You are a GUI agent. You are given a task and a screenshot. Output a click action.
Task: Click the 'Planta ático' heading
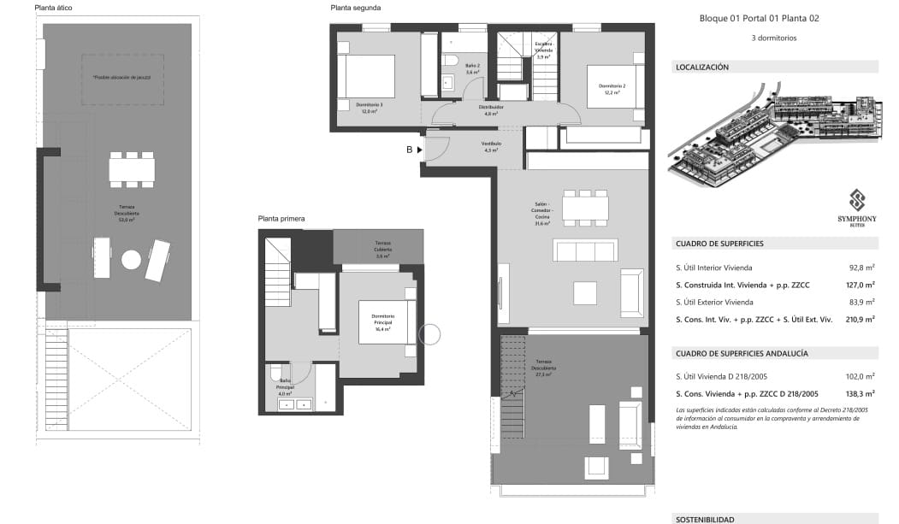[x=53, y=8]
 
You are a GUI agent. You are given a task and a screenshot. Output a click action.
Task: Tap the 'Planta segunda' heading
[x=355, y=8]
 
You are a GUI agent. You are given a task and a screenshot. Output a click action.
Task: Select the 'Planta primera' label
[x=281, y=219]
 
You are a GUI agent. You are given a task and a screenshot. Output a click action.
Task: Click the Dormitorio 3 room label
[x=370, y=108]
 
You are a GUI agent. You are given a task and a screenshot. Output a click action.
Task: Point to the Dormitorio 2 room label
[x=612, y=89]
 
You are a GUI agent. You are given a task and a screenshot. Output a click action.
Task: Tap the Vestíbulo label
[x=491, y=146]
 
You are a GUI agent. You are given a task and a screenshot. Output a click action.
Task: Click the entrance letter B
[x=410, y=150]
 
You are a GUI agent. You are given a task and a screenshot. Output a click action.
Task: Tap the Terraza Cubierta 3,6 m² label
[x=382, y=249]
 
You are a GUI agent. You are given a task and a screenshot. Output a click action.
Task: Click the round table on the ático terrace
[x=132, y=260]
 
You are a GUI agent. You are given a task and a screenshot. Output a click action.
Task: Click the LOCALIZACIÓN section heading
[x=701, y=67]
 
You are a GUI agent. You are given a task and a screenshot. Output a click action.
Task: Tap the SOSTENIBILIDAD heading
[x=705, y=519]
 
